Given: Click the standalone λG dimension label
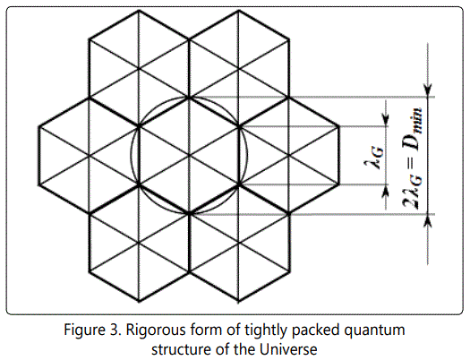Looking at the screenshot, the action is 374,159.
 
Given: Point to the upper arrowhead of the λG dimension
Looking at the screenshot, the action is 386,120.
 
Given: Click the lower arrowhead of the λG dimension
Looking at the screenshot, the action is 386,191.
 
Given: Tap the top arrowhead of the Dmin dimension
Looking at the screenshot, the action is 428,90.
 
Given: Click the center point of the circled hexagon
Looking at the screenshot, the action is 189,156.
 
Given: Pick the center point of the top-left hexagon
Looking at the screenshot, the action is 139,69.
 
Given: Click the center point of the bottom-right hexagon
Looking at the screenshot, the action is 239,243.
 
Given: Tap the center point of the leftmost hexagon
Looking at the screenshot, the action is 89,156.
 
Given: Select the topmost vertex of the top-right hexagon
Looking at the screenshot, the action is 239,11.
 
